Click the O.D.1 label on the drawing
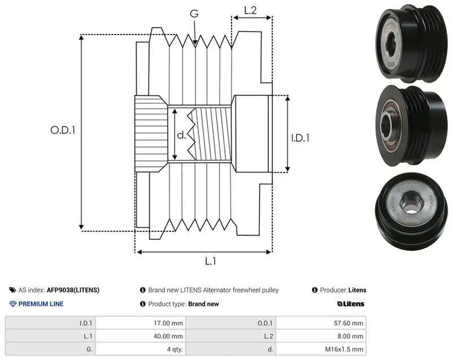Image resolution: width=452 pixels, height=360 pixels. (x=63, y=131)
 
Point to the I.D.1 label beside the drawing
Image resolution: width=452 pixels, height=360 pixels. (x=300, y=138)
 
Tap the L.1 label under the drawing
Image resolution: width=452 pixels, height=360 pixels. (x=210, y=261)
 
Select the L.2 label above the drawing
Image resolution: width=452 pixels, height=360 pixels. (x=250, y=11)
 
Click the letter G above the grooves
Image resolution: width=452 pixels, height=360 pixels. (x=194, y=14)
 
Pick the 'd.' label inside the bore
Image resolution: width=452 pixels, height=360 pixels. (x=181, y=135)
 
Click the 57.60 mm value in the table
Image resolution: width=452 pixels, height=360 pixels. (x=349, y=323)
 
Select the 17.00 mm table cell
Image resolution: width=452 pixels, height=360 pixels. (x=168, y=323)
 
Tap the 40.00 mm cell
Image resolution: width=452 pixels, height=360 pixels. (x=168, y=336)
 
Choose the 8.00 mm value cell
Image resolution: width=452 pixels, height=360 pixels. (x=350, y=336)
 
